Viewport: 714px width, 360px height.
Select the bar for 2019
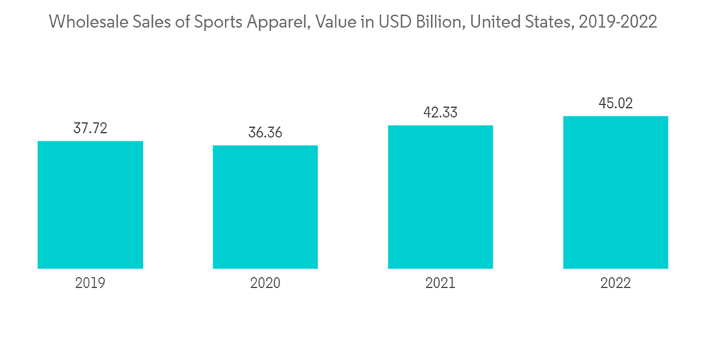(90, 205)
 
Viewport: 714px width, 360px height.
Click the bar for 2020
(265, 207)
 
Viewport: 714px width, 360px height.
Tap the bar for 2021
(441, 197)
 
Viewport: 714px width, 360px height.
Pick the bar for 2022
(615, 192)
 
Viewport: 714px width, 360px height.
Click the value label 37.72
(90, 129)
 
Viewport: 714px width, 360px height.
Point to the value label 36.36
(265, 133)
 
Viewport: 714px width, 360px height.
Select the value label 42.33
(441, 113)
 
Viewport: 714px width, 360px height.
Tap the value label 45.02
(615, 104)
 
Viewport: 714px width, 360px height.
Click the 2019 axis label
(90, 283)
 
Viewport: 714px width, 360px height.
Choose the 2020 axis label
(265, 283)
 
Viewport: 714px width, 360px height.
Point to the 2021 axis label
(441, 283)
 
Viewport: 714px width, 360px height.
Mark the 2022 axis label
(615, 283)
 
